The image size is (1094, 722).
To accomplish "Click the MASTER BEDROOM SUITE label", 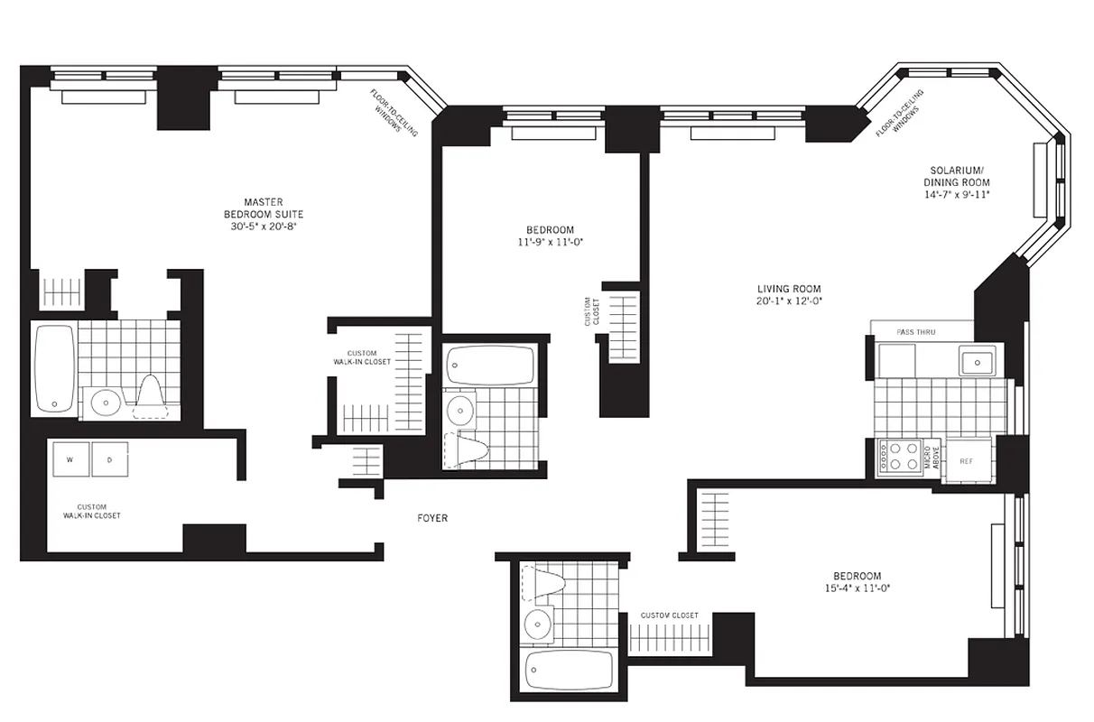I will click(x=263, y=208).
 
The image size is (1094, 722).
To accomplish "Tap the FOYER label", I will click(x=432, y=518).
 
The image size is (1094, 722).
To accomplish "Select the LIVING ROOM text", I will click(x=789, y=289).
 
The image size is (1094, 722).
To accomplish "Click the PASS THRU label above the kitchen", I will click(x=916, y=332).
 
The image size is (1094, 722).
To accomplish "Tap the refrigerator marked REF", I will click(x=967, y=461).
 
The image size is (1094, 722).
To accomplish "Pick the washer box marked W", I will click(x=70, y=459).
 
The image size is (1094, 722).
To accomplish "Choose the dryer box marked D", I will click(x=110, y=459).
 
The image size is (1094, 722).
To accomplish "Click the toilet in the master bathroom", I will click(x=151, y=397).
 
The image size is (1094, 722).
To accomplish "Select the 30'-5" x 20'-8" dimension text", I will click(x=263, y=227).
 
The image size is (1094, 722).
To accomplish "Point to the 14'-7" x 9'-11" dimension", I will click(x=957, y=194).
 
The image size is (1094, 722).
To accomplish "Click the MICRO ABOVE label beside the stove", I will click(x=936, y=457).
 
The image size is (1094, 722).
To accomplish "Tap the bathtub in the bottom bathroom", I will click(x=570, y=669).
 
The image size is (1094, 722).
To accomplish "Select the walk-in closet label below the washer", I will click(x=92, y=511).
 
